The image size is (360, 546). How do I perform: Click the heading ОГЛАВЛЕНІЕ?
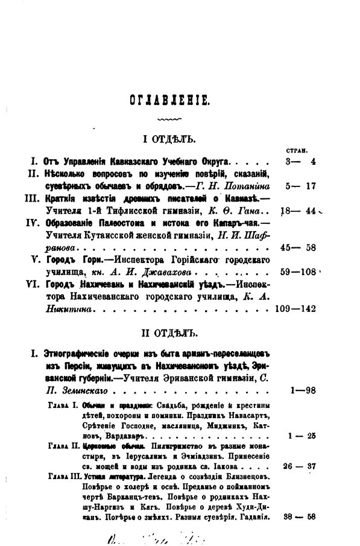[168, 100]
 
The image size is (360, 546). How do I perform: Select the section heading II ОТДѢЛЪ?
[171, 332]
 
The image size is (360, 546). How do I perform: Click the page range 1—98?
[303, 393]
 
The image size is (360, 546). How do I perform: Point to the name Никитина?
[75, 308]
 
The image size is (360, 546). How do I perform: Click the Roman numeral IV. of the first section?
[34, 222]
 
